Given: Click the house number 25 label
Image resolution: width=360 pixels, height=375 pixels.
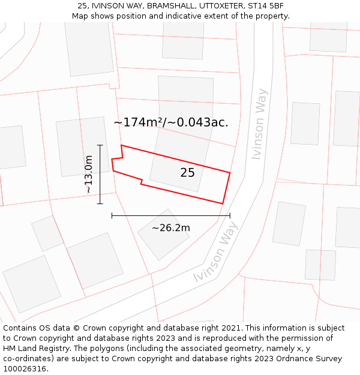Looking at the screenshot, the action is coord(187,173).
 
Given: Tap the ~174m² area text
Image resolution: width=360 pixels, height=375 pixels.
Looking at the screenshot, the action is coord(139,122).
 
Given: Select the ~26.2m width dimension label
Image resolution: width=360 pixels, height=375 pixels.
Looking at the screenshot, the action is coord(170,228).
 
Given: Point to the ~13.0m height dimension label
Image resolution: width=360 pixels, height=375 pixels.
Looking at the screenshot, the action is coord(88,174).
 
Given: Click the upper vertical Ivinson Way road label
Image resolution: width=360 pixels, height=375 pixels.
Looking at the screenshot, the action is coord(259,124).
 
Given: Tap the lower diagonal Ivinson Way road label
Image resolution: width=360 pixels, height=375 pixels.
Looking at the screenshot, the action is coord(216,252).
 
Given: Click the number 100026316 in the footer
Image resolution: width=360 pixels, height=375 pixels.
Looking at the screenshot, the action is coord(25,369).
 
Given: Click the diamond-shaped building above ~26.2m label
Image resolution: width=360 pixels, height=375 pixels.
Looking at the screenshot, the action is coord(163,235).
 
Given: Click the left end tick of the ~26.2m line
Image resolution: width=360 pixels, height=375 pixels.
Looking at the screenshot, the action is coord(112,215).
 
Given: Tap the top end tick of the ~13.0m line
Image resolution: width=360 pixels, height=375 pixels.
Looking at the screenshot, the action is coord(100,145).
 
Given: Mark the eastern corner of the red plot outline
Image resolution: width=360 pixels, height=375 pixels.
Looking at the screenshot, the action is coord(230,173).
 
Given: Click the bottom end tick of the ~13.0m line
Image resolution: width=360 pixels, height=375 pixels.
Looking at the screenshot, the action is coord(100,203).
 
